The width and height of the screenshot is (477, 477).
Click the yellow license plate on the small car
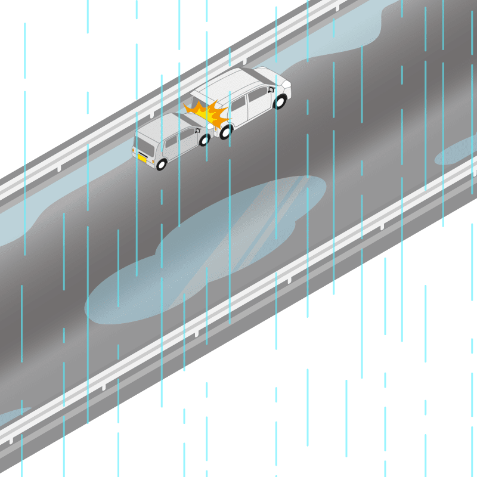click(143, 158)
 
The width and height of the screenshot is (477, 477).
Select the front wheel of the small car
click(204, 140)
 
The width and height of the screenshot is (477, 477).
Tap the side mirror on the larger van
click(271, 89)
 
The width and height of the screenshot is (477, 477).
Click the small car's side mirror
click(197, 129)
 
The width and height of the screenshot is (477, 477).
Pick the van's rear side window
click(238, 105)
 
